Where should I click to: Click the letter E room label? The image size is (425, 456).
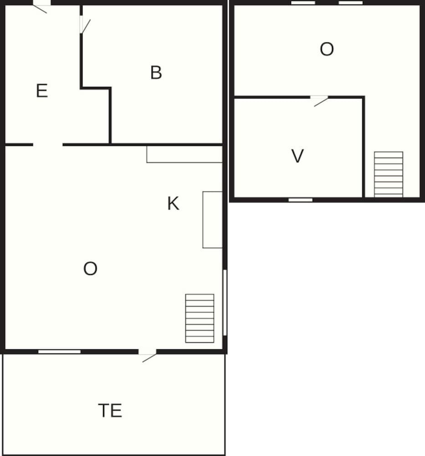[x=41, y=91]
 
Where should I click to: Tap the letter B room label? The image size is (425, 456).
[x=156, y=73]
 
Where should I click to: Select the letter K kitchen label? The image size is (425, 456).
[x=173, y=203]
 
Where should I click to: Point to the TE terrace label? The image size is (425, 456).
[x=110, y=411]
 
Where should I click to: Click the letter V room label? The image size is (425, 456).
[x=297, y=156]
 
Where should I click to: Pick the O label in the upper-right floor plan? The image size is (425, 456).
[x=327, y=49]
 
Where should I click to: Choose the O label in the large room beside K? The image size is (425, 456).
[x=90, y=269]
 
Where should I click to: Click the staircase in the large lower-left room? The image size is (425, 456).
[x=200, y=318]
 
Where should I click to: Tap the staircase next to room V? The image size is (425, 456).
[x=389, y=174]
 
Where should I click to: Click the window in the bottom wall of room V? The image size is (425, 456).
[x=301, y=199]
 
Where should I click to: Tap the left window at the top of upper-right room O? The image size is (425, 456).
[x=303, y=3]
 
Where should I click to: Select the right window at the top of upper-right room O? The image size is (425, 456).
[x=350, y=3]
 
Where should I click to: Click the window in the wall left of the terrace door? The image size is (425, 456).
[x=59, y=351]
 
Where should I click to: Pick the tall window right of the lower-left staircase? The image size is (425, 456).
[x=225, y=302]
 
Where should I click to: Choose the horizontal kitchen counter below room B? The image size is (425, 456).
[x=184, y=154]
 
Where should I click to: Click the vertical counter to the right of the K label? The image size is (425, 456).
[x=212, y=220]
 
